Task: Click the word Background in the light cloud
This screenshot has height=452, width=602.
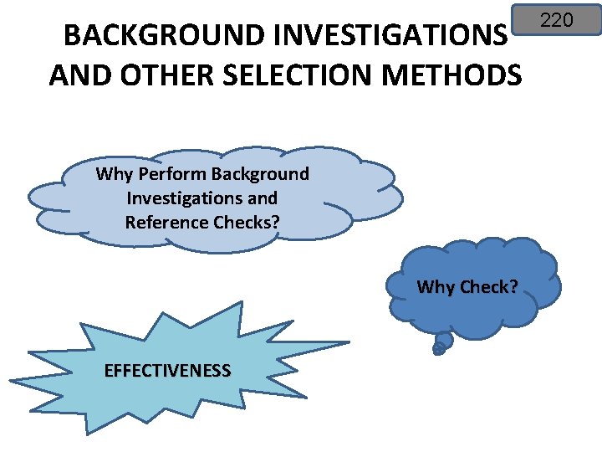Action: tap(260, 174)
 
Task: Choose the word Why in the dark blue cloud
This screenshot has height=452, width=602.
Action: tap(435, 287)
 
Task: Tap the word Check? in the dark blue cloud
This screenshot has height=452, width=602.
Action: tap(488, 287)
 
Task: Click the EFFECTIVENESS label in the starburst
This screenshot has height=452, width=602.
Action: tap(167, 371)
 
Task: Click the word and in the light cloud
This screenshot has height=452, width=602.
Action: tap(263, 198)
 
